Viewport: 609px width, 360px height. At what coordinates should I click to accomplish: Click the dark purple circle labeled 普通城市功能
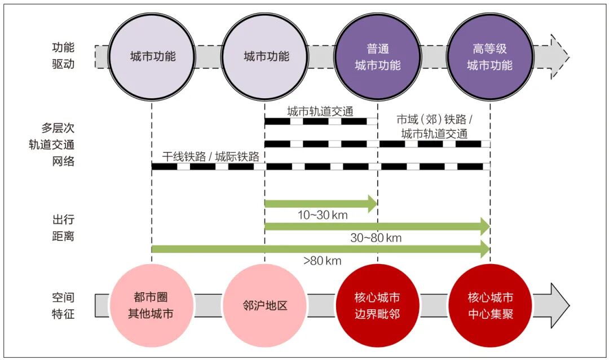(x=377, y=57)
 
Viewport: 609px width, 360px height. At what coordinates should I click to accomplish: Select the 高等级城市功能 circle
(x=490, y=57)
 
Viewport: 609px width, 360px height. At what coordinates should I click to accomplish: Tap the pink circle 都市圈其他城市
(x=151, y=305)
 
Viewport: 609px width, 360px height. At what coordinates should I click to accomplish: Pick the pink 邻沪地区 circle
(x=264, y=305)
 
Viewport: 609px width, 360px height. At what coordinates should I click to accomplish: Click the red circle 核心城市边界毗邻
(x=377, y=305)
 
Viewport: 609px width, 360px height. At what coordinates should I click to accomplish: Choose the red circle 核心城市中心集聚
(x=490, y=305)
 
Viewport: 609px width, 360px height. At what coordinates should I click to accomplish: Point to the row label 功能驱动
(x=63, y=56)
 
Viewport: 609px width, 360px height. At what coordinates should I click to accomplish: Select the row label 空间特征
(x=63, y=305)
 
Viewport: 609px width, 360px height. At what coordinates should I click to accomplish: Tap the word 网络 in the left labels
(x=63, y=161)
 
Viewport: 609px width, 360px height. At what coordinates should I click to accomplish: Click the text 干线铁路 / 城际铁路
(x=211, y=156)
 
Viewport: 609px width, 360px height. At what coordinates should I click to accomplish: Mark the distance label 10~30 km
(x=323, y=215)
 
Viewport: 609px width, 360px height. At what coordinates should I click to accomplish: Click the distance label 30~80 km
(x=376, y=238)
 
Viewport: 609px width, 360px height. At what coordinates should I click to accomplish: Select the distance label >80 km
(x=322, y=260)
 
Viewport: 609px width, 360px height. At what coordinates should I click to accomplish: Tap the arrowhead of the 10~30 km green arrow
(x=372, y=204)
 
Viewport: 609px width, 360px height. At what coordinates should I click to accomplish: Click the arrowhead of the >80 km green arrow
(x=484, y=249)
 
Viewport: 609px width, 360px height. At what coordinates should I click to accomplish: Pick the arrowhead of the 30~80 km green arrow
(x=484, y=226)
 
